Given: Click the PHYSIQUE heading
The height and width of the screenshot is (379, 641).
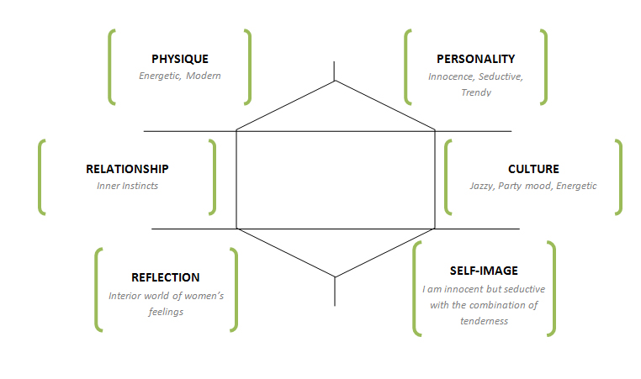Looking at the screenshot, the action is (x=179, y=59).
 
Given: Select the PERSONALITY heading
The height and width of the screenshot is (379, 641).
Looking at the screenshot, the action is (x=475, y=59).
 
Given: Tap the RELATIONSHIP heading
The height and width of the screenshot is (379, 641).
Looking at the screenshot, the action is (x=127, y=168).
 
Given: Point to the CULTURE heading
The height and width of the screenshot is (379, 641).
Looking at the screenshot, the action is (x=533, y=168).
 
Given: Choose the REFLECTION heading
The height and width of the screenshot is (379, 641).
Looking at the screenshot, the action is (x=166, y=277).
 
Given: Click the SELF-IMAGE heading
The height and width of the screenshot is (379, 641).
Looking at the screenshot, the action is (x=483, y=271).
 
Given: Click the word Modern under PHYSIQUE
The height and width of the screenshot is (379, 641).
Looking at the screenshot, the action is (x=204, y=76).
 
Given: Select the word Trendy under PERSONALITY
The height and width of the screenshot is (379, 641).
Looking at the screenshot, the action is (x=476, y=92).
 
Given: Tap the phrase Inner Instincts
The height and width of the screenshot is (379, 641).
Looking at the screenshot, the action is (x=127, y=185).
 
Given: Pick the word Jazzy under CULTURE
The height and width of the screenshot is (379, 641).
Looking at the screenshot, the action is (x=482, y=185).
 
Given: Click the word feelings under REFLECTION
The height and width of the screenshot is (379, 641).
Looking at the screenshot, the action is (x=166, y=311).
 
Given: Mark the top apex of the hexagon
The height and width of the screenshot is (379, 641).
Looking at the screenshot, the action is (x=336, y=82).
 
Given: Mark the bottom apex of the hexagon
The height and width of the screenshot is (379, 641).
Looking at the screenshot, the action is (x=336, y=276).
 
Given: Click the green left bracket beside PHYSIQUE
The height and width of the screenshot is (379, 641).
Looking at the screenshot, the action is (x=110, y=67).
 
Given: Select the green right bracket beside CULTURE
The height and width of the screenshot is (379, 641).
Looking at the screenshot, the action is (x=619, y=176).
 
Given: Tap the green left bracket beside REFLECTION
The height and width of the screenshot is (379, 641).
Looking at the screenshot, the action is (x=98, y=289).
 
